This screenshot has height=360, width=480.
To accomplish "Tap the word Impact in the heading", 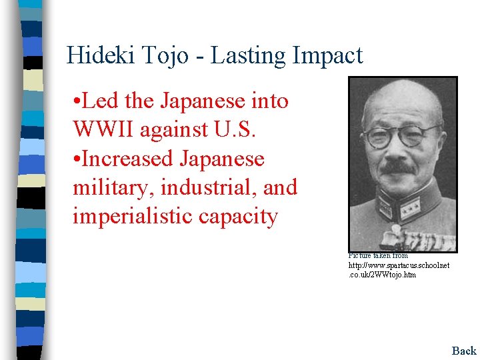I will [x=331, y=55].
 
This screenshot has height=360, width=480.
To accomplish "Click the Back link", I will [x=464, y=351].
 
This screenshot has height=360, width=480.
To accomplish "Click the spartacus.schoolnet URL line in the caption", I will [x=399, y=265].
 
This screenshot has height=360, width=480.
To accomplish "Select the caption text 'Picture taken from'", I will [x=378, y=255].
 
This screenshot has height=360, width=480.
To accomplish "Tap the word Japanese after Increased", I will [x=222, y=159].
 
